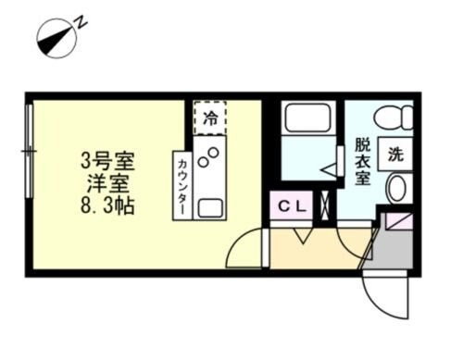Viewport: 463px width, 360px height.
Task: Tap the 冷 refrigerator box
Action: click(211, 118)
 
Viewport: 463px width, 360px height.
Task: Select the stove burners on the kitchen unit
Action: click(212, 155)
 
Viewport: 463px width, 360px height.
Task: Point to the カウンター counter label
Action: click(181, 184)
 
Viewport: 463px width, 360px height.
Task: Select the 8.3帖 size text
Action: click(106, 205)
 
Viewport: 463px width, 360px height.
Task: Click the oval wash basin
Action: click(395, 191)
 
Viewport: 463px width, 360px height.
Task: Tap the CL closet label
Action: click(293, 205)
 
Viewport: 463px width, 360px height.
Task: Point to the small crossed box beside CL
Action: click(323, 205)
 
